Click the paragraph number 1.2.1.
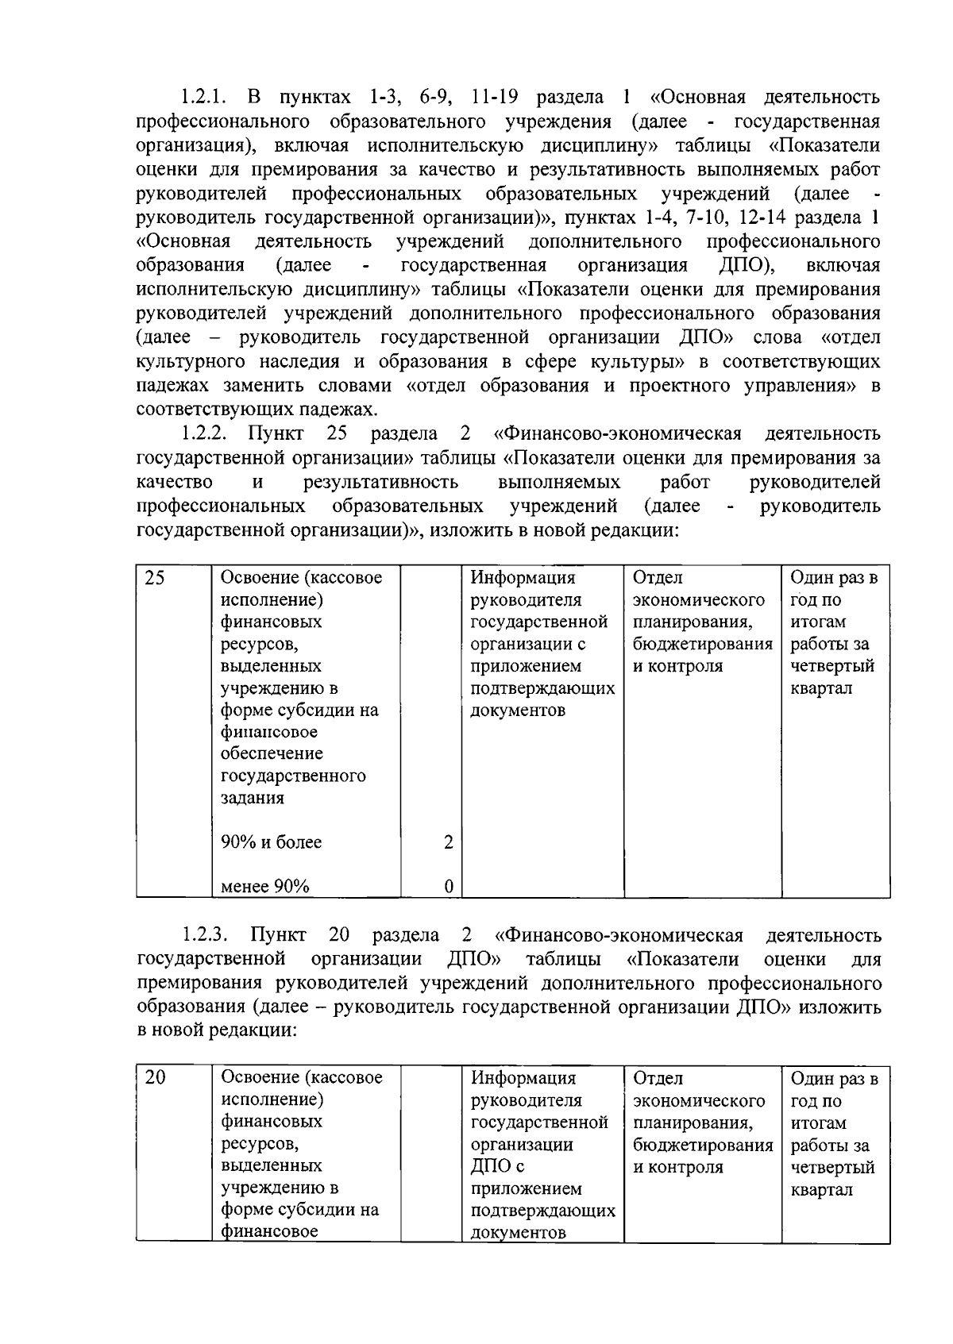(x=203, y=98)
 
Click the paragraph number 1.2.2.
(x=203, y=434)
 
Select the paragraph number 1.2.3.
(x=203, y=936)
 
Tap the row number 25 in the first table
(x=155, y=578)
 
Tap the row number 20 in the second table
(x=155, y=1078)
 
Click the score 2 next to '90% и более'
(x=449, y=842)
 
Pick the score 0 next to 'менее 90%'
(x=449, y=887)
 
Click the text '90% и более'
(x=272, y=842)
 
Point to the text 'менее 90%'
(x=265, y=887)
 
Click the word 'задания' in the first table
(x=252, y=798)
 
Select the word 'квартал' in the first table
(x=821, y=688)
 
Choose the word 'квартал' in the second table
(x=821, y=1190)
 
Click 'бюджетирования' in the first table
(x=703, y=644)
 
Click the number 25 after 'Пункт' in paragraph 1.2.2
(x=337, y=434)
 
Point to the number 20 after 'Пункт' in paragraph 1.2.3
(x=338, y=936)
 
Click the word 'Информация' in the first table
(x=523, y=578)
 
